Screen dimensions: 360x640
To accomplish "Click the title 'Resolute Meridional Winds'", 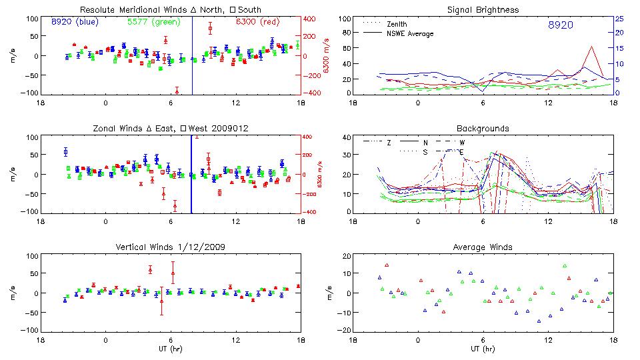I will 122,10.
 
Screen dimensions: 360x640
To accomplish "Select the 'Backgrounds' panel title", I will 483,128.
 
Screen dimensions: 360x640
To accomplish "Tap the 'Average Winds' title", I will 483,247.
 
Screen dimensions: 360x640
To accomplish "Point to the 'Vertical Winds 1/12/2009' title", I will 170,247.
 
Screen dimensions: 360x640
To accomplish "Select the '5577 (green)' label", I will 153,21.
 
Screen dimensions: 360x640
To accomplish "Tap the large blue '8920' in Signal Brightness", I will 560,25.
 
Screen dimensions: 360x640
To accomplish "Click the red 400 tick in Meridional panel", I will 311,18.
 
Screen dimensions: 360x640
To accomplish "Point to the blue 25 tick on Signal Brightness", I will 619,18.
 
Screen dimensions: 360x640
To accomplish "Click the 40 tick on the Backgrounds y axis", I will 347,137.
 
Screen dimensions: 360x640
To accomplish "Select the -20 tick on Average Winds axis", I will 345,330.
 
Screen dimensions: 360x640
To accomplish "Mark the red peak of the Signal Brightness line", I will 591,47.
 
